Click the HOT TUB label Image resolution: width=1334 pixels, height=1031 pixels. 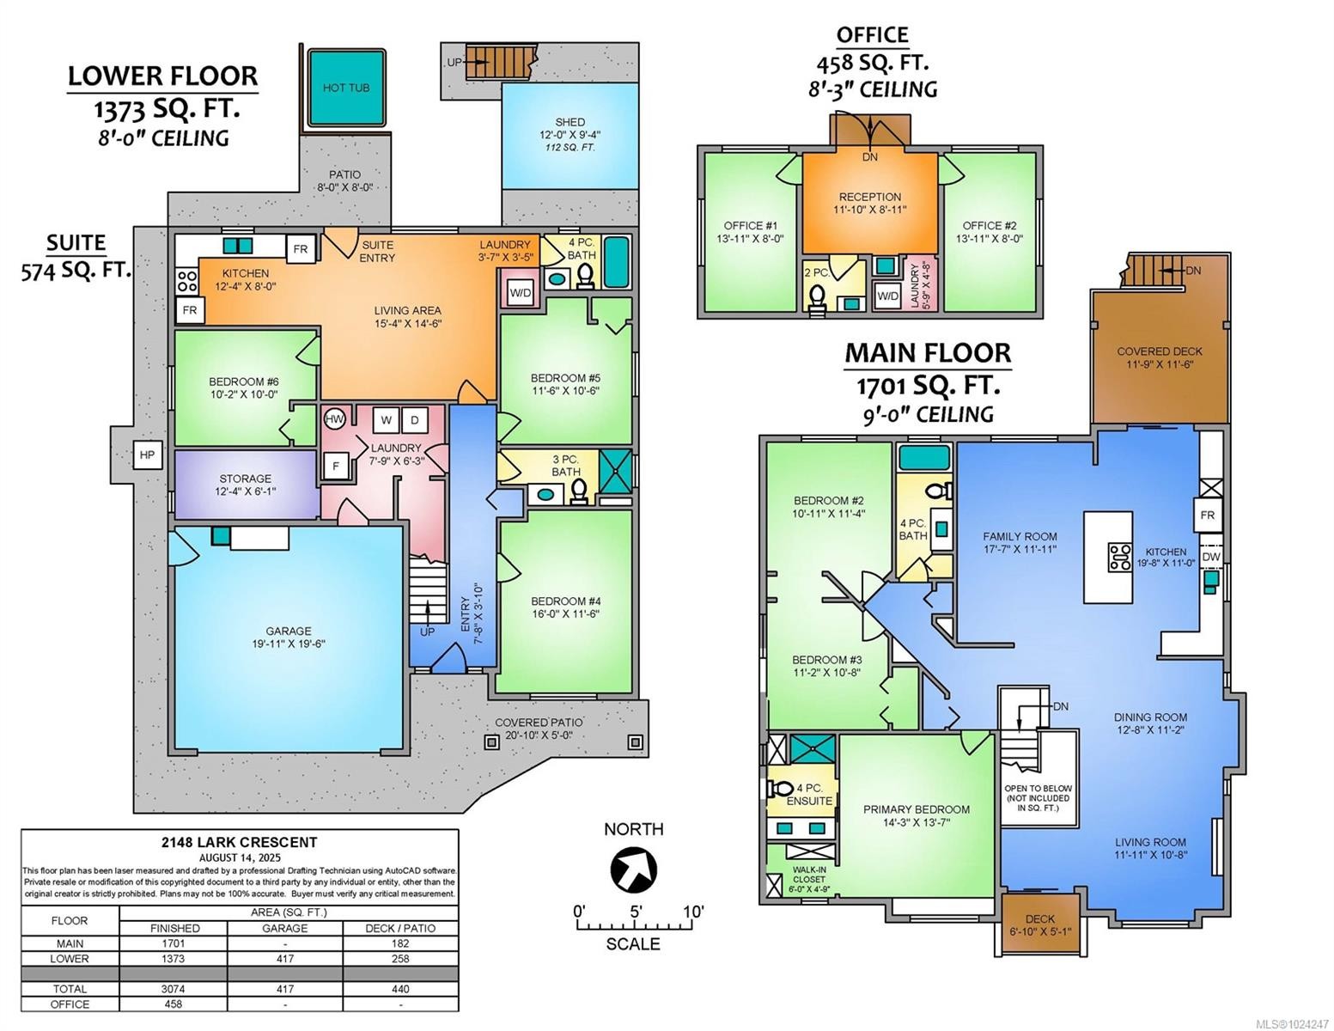coord(346,88)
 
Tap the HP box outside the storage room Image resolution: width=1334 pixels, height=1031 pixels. coord(147,454)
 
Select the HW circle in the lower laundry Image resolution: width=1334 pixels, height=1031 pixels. coord(335,419)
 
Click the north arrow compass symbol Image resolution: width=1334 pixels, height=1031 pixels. coord(633,869)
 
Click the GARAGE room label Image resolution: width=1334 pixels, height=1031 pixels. coord(288,631)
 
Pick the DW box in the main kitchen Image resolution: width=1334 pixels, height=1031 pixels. coord(1210,557)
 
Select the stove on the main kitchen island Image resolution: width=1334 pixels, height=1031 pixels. coord(1119,558)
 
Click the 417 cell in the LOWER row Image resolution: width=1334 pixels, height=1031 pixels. coord(284,958)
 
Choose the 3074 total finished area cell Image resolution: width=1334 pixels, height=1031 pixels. coord(174,989)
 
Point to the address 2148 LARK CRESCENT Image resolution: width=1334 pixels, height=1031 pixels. coord(240,842)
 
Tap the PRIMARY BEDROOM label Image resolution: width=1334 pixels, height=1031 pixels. coord(916,809)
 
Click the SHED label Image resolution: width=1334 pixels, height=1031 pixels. coord(570,122)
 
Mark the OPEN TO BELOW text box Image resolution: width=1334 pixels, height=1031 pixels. coord(1038,798)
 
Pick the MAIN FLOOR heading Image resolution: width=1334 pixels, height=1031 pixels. coord(927,353)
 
